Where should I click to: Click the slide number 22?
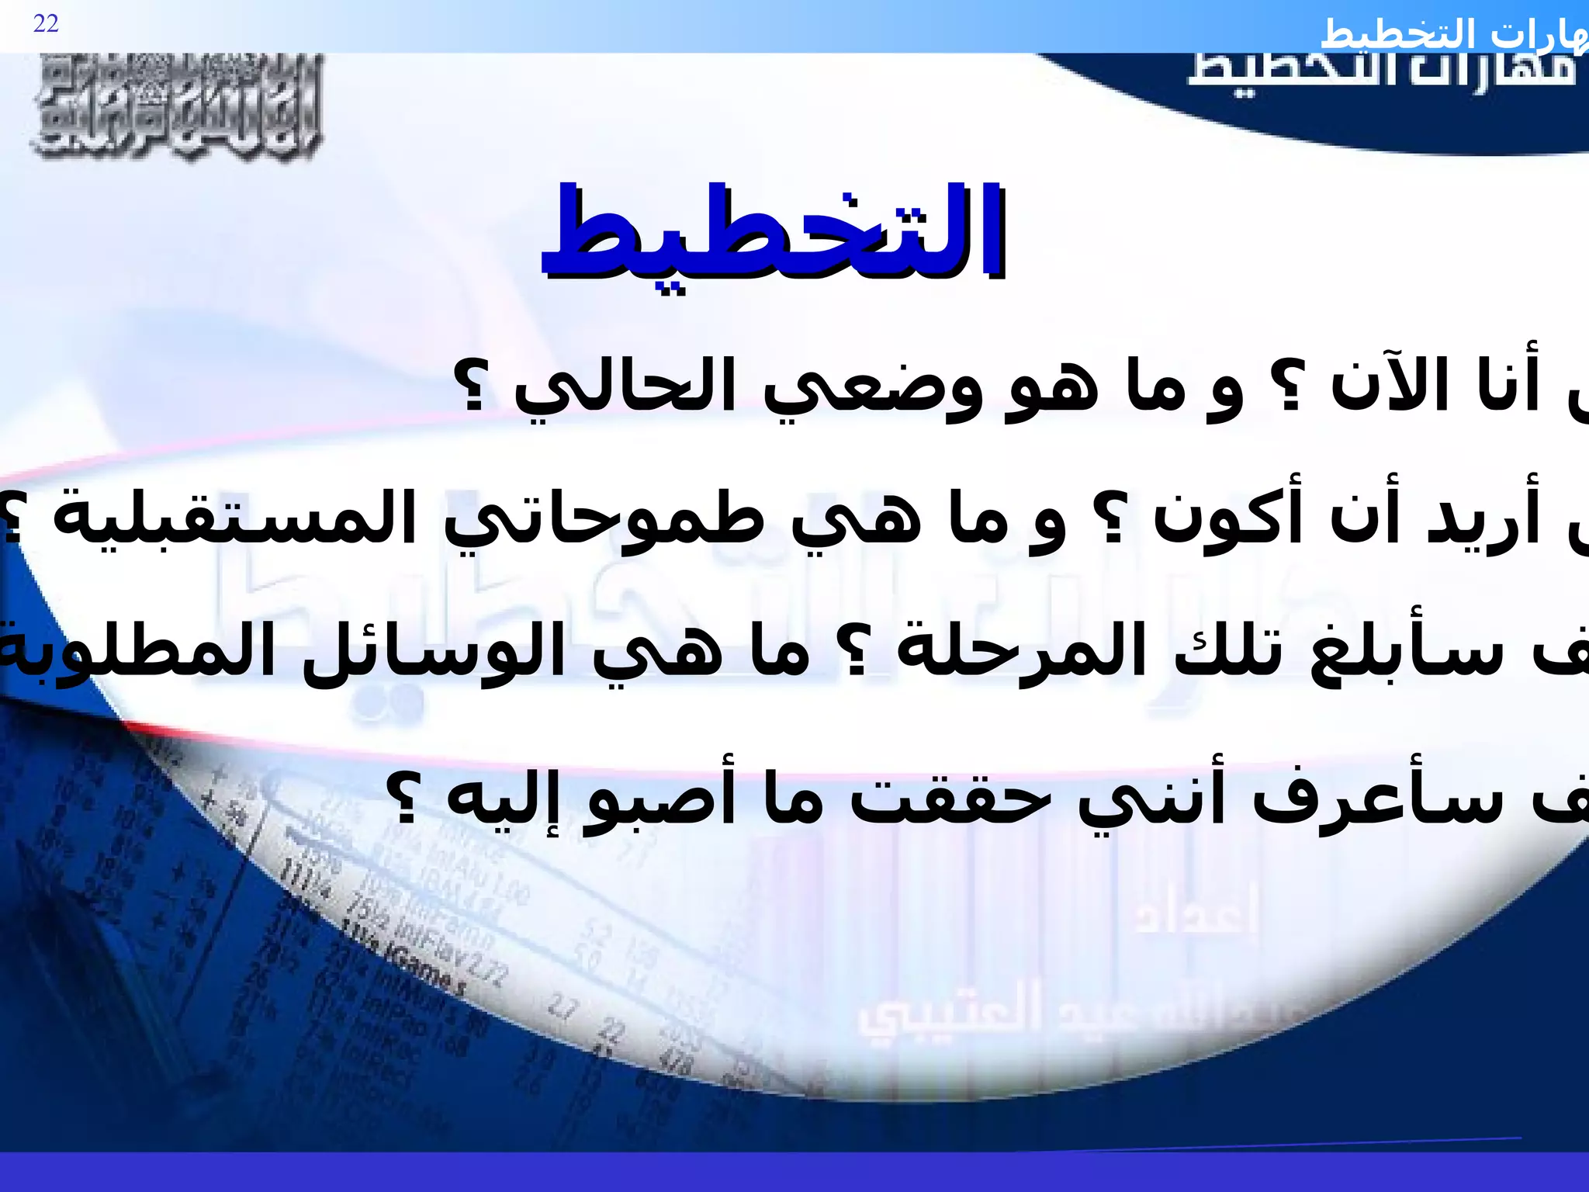[46, 24]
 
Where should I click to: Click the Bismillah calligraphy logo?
[177, 109]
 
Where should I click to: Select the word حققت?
[942, 799]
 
